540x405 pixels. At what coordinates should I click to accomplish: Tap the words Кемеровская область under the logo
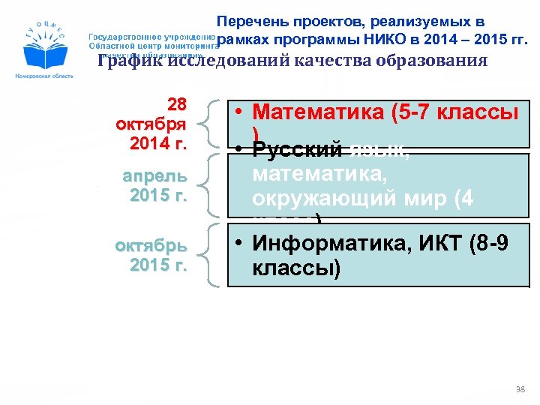(43, 77)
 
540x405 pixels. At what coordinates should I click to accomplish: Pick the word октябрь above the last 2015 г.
(151, 247)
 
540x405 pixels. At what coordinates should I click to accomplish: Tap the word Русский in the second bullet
(297, 151)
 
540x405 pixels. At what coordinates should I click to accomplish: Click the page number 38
(520, 390)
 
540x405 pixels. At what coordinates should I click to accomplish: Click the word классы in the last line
(296, 268)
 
